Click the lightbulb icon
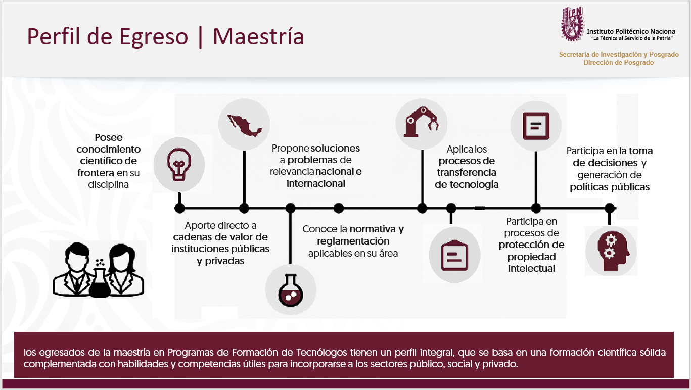(179, 164)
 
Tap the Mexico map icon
(244, 125)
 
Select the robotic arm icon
(421, 122)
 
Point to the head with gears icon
(612, 251)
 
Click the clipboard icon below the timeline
(454, 255)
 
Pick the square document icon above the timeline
(536, 126)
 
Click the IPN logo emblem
(573, 24)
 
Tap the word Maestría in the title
(258, 36)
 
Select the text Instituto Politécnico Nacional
(631, 31)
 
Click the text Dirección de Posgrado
(619, 62)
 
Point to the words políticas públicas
(610, 187)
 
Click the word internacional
(315, 183)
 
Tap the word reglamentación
(353, 241)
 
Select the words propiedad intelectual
(531, 262)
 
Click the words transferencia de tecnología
(467, 178)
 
